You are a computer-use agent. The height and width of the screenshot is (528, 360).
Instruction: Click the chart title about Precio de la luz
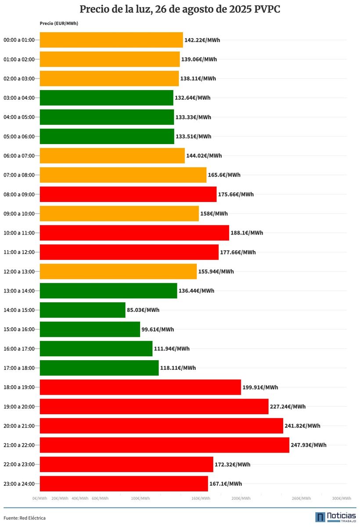pyautogui.click(x=180, y=9)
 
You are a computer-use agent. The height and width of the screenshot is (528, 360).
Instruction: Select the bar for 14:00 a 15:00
pyautogui.click(x=83, y=310)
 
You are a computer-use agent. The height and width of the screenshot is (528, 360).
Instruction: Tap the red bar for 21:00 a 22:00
pyautogui.click(x=164, y=445)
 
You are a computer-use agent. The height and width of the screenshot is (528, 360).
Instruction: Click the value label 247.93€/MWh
pyautogui.click(x=309, y=445)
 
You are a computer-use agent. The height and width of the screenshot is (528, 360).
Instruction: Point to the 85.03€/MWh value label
pyautogui.click(x=143, y=310)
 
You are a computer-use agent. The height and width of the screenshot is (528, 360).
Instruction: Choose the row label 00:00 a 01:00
pyautogui.click(x=19, y=40)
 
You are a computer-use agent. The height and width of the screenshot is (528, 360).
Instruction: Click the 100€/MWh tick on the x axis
pyautogui.click(x=140, y=498)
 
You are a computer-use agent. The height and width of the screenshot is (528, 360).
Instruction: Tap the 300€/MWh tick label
pyautogui.click(x=341, y=498)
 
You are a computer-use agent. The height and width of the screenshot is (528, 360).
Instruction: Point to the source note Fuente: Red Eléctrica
pyautogui.click(x=25, y=518)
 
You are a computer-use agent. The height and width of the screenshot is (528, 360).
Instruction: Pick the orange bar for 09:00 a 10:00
pyautogui.click(x=119, y=213)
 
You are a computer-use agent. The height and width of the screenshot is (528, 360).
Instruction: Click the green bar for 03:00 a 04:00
pyautogui.click(x=106, y=98)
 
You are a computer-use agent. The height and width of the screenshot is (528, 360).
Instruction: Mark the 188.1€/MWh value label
pyautogui.click(x=247, y=233)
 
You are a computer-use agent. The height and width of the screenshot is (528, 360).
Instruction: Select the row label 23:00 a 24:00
pyautogui.click(x=19, y=484)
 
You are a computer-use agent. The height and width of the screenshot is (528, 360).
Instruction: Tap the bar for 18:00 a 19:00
pyautogui.click(x=140, y=387)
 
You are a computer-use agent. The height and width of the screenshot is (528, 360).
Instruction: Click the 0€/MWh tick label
pyautogui.click(x=40, y=498)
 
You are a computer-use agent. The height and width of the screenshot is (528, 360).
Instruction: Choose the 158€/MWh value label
pyautogui.click(x=214, y=213)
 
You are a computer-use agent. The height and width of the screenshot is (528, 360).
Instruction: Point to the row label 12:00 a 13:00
pyautogui.click(x=19, y=271)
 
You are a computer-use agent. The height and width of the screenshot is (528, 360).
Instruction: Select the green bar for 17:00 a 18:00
pyautogui.click(x=99, y=368)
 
